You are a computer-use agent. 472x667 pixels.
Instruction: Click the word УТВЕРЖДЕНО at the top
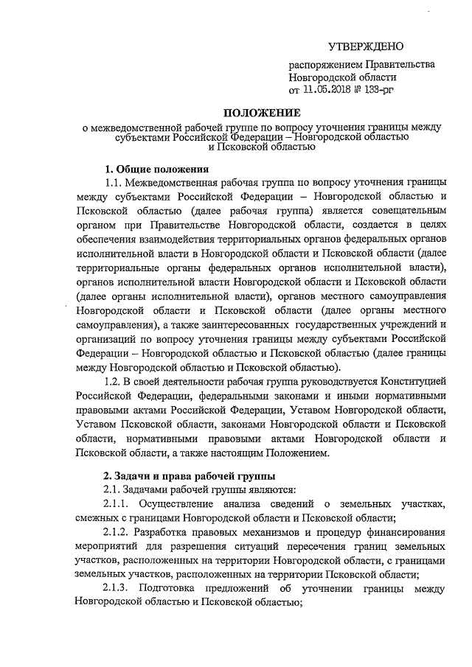tap(366, 47)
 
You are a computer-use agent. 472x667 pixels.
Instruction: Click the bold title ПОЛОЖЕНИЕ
tap(263, 113)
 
